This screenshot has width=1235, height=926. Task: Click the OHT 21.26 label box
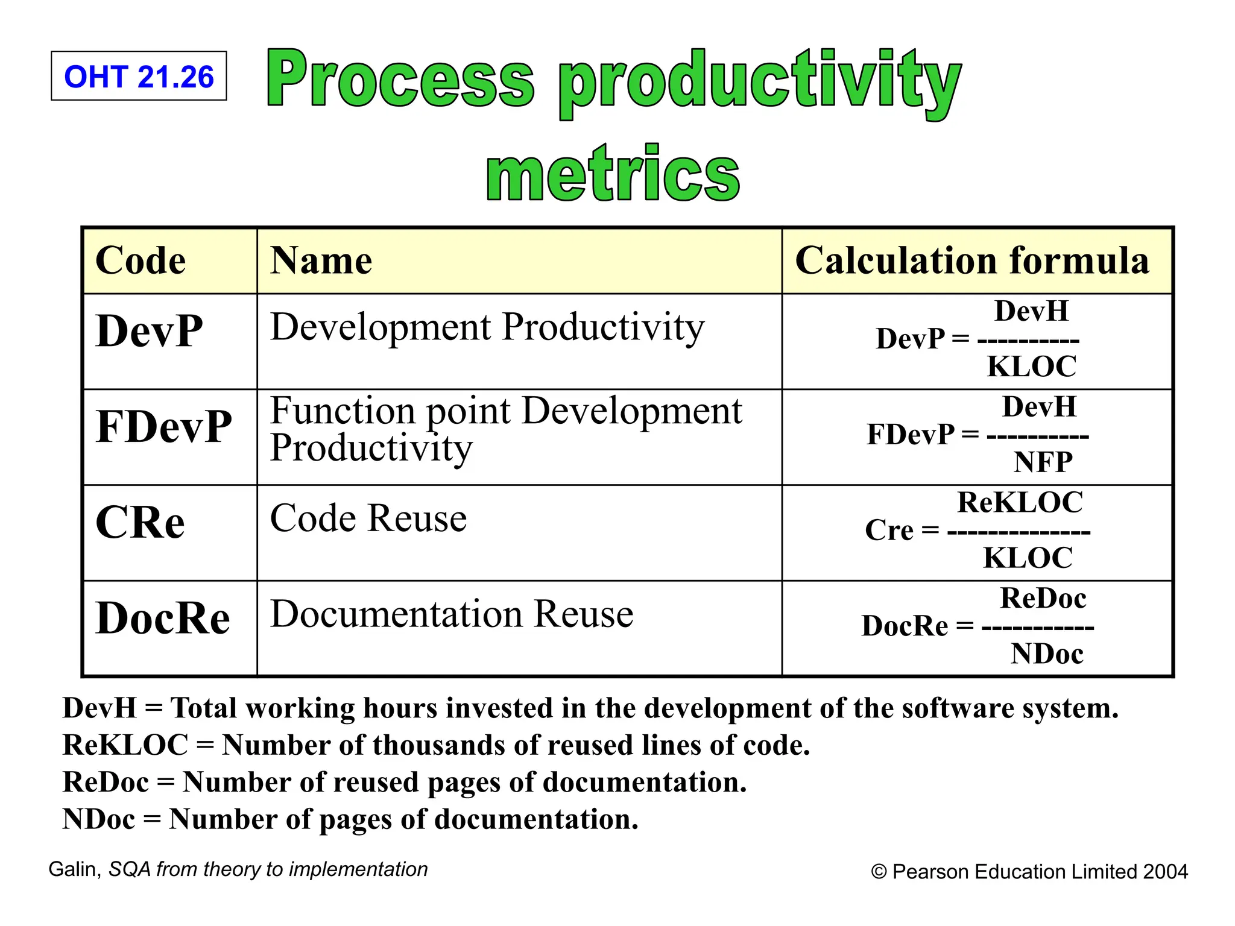click(139, 76)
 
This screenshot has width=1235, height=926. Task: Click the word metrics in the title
click(613, 174)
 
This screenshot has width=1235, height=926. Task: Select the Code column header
click(141, 260)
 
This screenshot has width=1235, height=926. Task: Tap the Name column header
click(321, 260)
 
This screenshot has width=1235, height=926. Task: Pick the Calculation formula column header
click(972, 260)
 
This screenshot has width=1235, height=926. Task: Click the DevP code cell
click(150, 331)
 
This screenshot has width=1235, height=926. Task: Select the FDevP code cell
click(163, 426)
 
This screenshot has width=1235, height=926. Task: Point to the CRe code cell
click(140, 522)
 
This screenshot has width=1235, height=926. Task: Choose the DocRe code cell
click(163, 618)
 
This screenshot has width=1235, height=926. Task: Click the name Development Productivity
click(487, 327)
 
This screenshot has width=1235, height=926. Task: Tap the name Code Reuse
click(368, 518)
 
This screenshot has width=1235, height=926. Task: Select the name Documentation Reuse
click(452, 614)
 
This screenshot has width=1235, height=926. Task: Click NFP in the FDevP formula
click(1043, 462)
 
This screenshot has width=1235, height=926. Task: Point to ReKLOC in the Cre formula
click(1020, 502)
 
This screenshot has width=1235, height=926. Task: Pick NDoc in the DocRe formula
click(1047, 654)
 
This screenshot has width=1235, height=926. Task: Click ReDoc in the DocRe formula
click(1043, 598)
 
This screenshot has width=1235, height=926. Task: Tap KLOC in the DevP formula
click(1032, 367)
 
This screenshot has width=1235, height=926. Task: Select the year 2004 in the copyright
click(1165, 872)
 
